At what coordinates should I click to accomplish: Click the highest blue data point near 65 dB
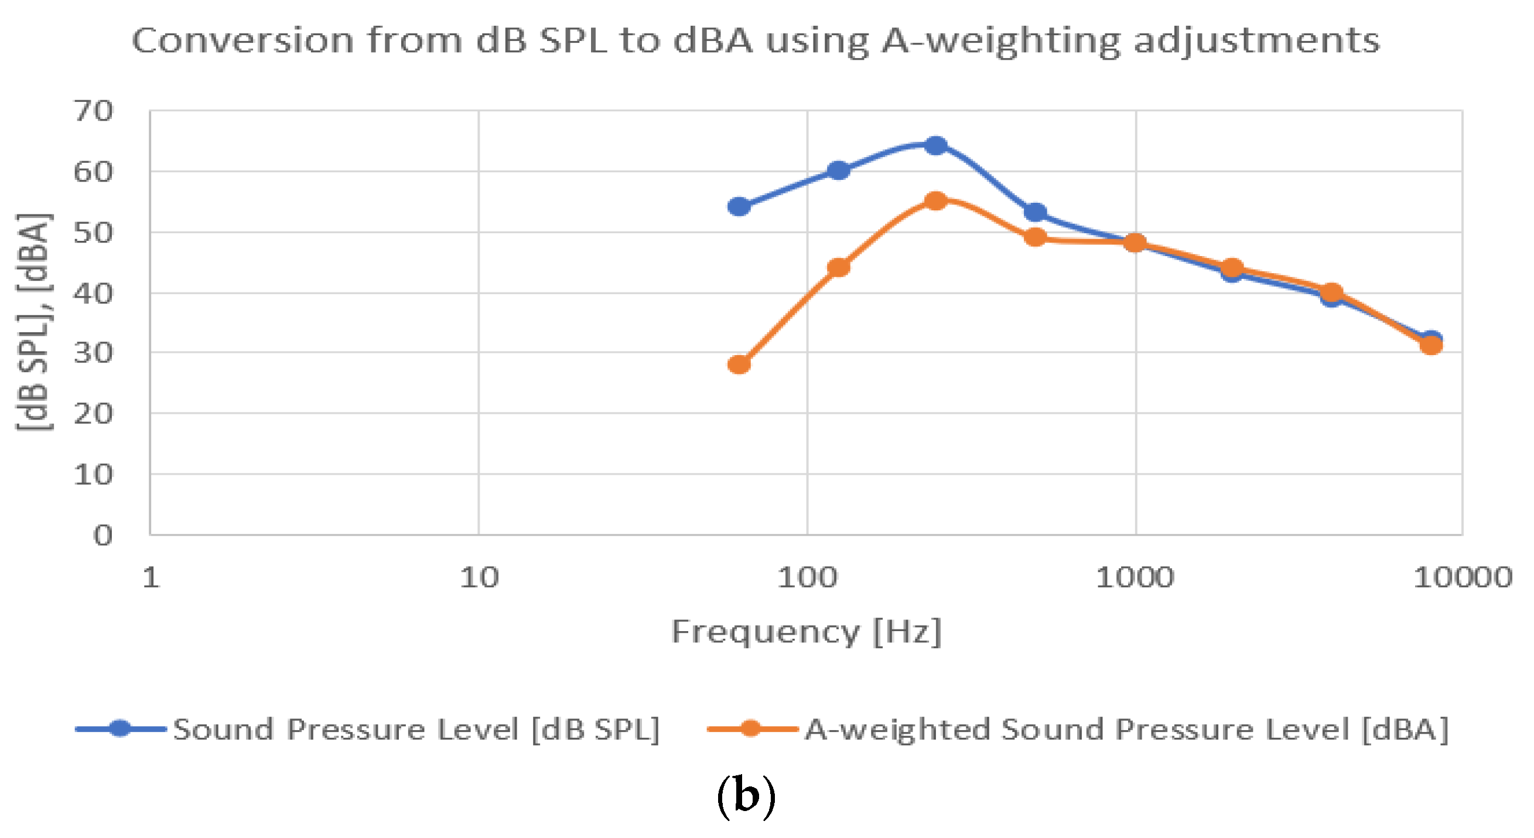935,145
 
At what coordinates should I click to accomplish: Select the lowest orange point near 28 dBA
739,364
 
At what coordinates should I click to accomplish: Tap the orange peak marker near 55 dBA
935,201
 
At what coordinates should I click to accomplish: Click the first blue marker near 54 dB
739,207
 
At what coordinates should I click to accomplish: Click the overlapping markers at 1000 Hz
1135,243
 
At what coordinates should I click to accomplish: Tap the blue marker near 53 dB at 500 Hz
1036,212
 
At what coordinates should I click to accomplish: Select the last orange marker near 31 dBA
1431,345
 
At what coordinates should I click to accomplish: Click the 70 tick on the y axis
93,111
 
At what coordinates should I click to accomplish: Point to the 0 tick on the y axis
103,536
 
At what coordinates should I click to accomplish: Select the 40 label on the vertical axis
93,294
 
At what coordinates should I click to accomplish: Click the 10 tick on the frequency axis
479,578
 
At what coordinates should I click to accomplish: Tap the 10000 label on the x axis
1463,578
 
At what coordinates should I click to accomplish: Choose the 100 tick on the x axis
807,578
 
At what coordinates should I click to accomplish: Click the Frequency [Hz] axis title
807,631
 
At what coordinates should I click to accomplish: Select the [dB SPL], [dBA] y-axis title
35,322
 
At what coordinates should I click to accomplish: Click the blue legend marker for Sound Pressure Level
120,728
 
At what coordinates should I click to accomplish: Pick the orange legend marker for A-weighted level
751,728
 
